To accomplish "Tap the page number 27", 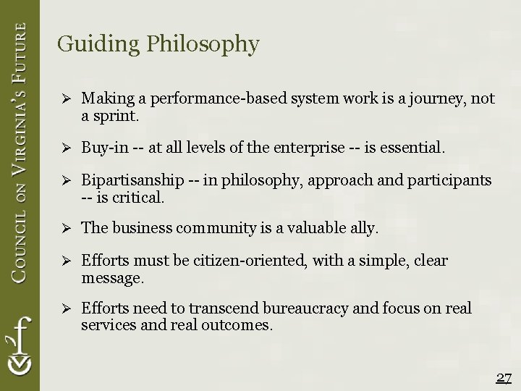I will click(x=504, y=378).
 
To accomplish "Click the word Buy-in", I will click(x=105, y=148).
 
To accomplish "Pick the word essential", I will click(x=415, y=148).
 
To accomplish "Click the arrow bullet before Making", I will click(x=63, y=98).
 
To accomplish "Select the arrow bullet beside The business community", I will click(x=63, y=229).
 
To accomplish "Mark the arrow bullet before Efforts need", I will click(x=63, y=309).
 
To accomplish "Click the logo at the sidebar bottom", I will click(x=20, y=348).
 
